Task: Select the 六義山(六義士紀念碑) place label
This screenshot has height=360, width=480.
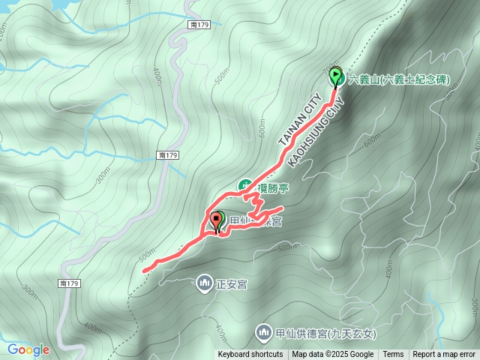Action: (x=399, y=79)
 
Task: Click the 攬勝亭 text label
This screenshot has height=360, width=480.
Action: (x=268, y=185)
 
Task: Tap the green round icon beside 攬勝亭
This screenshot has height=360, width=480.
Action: (x=244, y=185)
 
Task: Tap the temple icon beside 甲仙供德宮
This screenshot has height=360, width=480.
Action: (x=262, y=331)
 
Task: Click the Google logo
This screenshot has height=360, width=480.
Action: (x=28, y=349)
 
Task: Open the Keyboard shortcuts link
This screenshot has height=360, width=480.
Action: (x=250, y=355)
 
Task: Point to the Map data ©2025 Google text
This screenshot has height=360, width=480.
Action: (x=333, y=355)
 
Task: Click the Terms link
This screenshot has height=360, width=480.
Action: (x=393, y=355)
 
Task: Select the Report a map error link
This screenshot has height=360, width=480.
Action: (x=444, y=355)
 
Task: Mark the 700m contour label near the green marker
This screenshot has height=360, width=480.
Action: (x=330, y=69)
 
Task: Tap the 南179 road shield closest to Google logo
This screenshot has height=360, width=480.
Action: (x=68, y=283)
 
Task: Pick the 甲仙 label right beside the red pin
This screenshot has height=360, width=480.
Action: (x=238, y=220)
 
